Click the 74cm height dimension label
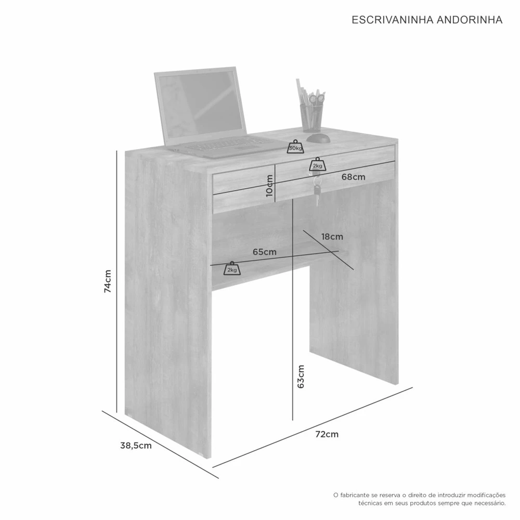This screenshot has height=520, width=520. click(108, 281)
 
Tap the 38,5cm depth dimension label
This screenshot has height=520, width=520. click(136, 446)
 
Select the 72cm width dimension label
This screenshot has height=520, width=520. click(327, 434)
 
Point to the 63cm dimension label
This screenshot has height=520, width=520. click(301, 376)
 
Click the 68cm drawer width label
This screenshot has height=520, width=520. click(353, 177)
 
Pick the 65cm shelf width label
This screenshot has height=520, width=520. click(264, 252)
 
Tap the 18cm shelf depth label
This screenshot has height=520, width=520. click(332, 237)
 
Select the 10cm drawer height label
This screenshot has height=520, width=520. click(269, 186)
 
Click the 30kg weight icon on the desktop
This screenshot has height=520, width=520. click(295, 147)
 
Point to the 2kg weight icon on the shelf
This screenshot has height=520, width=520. click(232, 268)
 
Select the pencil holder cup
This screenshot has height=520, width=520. click(311, 118)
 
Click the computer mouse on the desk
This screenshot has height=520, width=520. click(318, 137)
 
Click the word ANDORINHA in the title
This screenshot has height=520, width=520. click(469, 20)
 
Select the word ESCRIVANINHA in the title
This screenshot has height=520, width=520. click(392, 20)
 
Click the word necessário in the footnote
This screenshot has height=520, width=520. click(490, 503)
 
